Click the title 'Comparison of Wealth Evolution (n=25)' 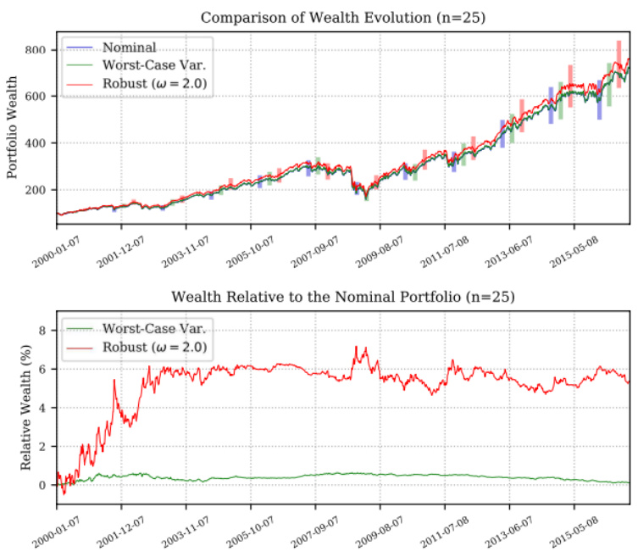(x=343, y=17)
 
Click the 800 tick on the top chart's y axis (x=39, y=50)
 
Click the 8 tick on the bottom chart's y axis (x=46, y=330)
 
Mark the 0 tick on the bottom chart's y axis (x=46, y=485)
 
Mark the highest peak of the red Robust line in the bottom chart (x=356, y=346)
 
